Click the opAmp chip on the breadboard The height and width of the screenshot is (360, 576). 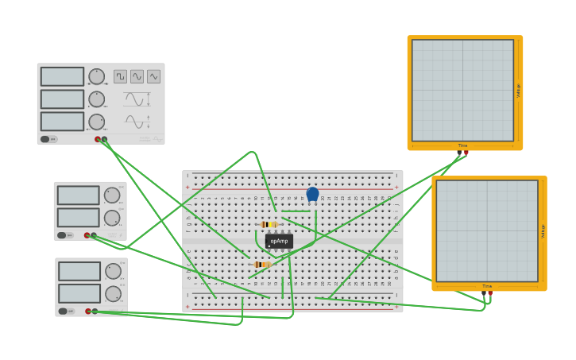279,241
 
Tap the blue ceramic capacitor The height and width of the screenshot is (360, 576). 312,194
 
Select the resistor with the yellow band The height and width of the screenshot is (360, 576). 269,225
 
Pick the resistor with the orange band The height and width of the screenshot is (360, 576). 261,265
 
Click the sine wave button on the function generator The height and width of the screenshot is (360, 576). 137,76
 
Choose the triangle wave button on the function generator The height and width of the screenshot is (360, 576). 153,76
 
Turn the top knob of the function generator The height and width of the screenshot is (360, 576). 96,76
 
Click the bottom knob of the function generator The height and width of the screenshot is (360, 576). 96,122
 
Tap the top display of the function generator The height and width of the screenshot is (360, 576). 62,76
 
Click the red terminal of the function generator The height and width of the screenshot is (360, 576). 98,139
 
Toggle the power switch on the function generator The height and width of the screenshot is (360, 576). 45,139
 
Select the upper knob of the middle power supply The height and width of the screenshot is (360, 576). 112,195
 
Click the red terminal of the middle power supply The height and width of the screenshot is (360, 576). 87,235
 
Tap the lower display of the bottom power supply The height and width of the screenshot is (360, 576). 79,293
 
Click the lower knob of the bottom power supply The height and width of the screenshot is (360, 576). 113,293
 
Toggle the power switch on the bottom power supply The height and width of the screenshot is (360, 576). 63,311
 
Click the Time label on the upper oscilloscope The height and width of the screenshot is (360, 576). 462,145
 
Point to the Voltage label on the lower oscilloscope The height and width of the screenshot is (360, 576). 543,230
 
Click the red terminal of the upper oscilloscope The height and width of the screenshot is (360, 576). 466,153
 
